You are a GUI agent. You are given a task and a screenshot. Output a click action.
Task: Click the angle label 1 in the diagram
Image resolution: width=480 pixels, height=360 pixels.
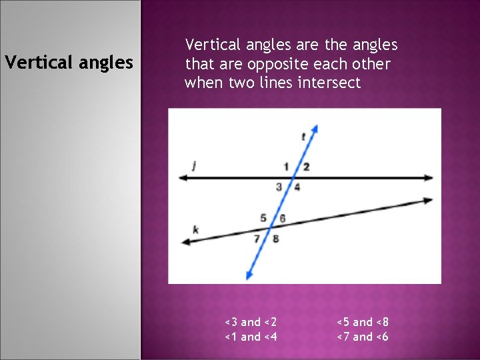[286, 167]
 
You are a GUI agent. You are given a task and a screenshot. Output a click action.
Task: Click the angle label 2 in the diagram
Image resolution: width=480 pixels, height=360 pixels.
[306, 167]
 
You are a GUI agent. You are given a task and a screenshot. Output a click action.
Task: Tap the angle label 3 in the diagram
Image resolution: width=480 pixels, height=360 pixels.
[279, 187]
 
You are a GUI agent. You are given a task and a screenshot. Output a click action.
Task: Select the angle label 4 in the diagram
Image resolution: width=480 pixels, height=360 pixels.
[297, 187]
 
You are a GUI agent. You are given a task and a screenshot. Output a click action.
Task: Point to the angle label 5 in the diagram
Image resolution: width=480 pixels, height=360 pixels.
[263, 218]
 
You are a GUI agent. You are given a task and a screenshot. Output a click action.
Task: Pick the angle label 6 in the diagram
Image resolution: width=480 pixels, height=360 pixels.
[283, 218]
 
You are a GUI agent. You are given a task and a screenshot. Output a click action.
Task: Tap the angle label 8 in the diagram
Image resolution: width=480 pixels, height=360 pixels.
[275, 238]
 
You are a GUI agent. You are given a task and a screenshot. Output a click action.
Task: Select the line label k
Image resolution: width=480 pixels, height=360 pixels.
[195, 229]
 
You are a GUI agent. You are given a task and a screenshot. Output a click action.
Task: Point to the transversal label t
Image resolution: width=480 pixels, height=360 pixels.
[303, 137]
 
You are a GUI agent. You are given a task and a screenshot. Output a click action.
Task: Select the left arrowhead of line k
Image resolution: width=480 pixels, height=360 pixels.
[185, 243]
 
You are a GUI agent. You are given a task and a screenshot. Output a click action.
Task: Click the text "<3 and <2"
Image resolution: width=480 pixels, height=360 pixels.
[251, 322]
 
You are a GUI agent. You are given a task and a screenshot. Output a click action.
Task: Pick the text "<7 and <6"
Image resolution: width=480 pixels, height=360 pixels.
[362, 337]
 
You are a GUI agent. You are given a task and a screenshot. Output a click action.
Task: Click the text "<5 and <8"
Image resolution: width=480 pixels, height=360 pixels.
[362, 322]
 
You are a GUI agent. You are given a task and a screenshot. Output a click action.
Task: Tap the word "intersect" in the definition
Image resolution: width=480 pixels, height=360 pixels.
[329, 83]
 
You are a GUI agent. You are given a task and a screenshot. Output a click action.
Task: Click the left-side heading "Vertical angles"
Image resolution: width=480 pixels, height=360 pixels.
[69, 63]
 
